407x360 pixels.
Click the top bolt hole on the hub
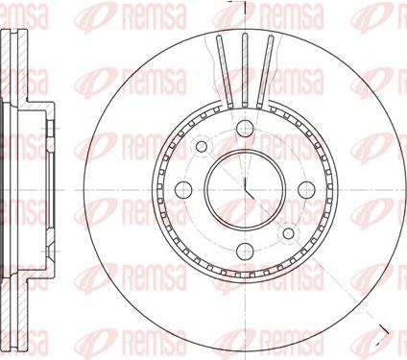[x=245, y=129]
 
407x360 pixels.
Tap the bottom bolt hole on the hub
[x=245, y=251]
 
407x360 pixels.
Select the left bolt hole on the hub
[x=183, y=189]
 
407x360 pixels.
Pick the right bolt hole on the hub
[x=306, y=189]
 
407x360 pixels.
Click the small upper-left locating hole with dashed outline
[x=202, y=147]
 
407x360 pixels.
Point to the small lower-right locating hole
[x=288, y=233]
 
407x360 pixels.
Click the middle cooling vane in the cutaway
[x=245, y=69]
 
